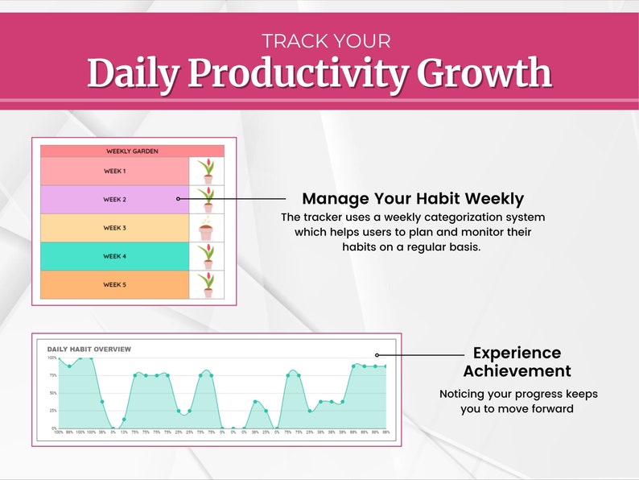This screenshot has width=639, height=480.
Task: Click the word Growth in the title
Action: [490, 74]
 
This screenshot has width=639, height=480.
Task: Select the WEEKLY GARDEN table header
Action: [132, 151]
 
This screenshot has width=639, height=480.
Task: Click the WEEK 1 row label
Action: [115, 171]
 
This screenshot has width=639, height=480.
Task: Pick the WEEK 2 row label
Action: [115, 200]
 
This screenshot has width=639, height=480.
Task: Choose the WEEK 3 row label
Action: [115, 228]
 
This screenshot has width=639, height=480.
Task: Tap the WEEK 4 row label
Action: [115, 256]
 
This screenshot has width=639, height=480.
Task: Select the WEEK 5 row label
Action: [115, 284]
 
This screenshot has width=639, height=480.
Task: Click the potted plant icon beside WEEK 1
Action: [207, 171]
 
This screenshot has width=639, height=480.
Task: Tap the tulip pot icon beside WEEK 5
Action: [207, 285]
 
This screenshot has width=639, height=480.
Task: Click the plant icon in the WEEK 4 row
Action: [207, 257]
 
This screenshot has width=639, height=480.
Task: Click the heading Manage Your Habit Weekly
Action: [413, 199]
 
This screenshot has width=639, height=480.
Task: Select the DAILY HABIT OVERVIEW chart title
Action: [89, 349]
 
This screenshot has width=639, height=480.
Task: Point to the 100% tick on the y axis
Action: [52, 358]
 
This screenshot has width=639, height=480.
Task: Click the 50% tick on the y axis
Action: [52, 393]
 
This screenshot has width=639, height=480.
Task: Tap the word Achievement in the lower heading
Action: [517, 371]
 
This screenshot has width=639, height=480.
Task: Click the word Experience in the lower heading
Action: [517, 353]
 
